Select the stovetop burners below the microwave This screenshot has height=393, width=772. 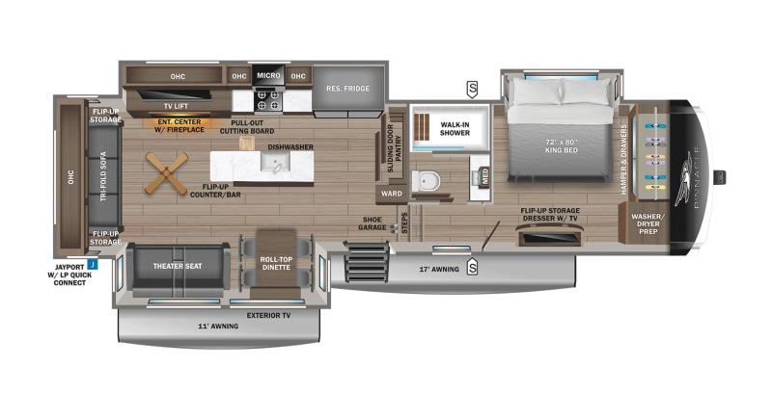tap(266, 97)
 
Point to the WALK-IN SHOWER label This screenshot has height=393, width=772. tap(455, 129)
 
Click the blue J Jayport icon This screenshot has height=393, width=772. tap(92, 262)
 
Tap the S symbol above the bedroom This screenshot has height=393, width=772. tap(472, 90)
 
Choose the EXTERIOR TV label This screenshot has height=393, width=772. tap(267, 315)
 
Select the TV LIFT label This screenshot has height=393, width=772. tap(175, 106)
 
